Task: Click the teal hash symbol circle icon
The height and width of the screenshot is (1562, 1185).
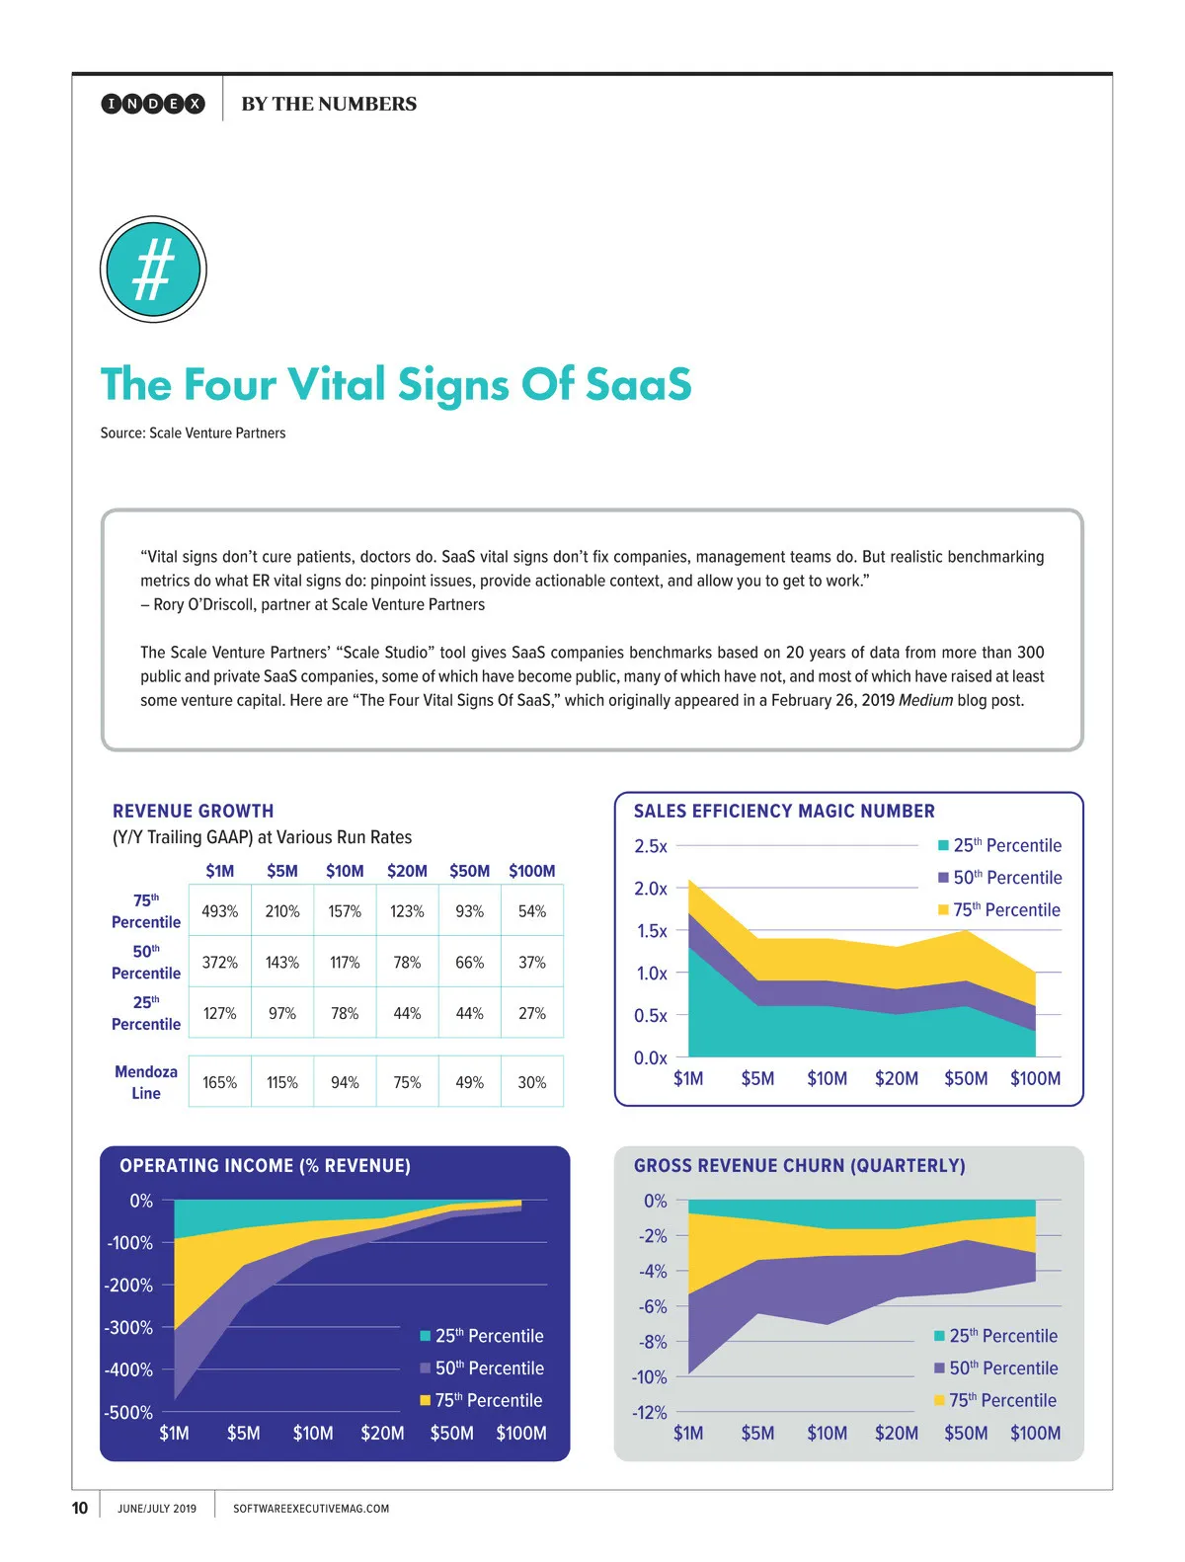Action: [153, 270]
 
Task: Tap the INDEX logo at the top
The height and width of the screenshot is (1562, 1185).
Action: [153, 104]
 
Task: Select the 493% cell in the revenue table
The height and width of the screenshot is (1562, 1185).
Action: [219, 911]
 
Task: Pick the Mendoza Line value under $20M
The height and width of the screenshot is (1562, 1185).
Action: [407, 1082]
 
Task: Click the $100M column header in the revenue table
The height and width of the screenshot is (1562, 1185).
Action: [532, 871]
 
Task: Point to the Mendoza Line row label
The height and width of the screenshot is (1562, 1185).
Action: [146, 1082]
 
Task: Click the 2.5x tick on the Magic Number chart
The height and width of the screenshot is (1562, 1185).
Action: [651, 846]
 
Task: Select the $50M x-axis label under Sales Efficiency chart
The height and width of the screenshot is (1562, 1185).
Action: [966, 1078]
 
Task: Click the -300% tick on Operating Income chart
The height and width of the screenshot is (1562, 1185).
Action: [129, 1328]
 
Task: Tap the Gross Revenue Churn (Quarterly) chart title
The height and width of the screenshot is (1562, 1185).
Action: [799, 1165]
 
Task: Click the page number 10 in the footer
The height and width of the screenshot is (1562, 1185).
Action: [80, 1508]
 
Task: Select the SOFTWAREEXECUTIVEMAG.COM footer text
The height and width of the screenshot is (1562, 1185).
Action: [311, 1509]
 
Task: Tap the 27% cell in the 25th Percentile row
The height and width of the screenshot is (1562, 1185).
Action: [532, 1013]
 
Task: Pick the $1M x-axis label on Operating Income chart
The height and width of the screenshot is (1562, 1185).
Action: [174, 1433]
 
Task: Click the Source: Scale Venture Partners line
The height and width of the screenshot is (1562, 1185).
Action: [193, 432]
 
